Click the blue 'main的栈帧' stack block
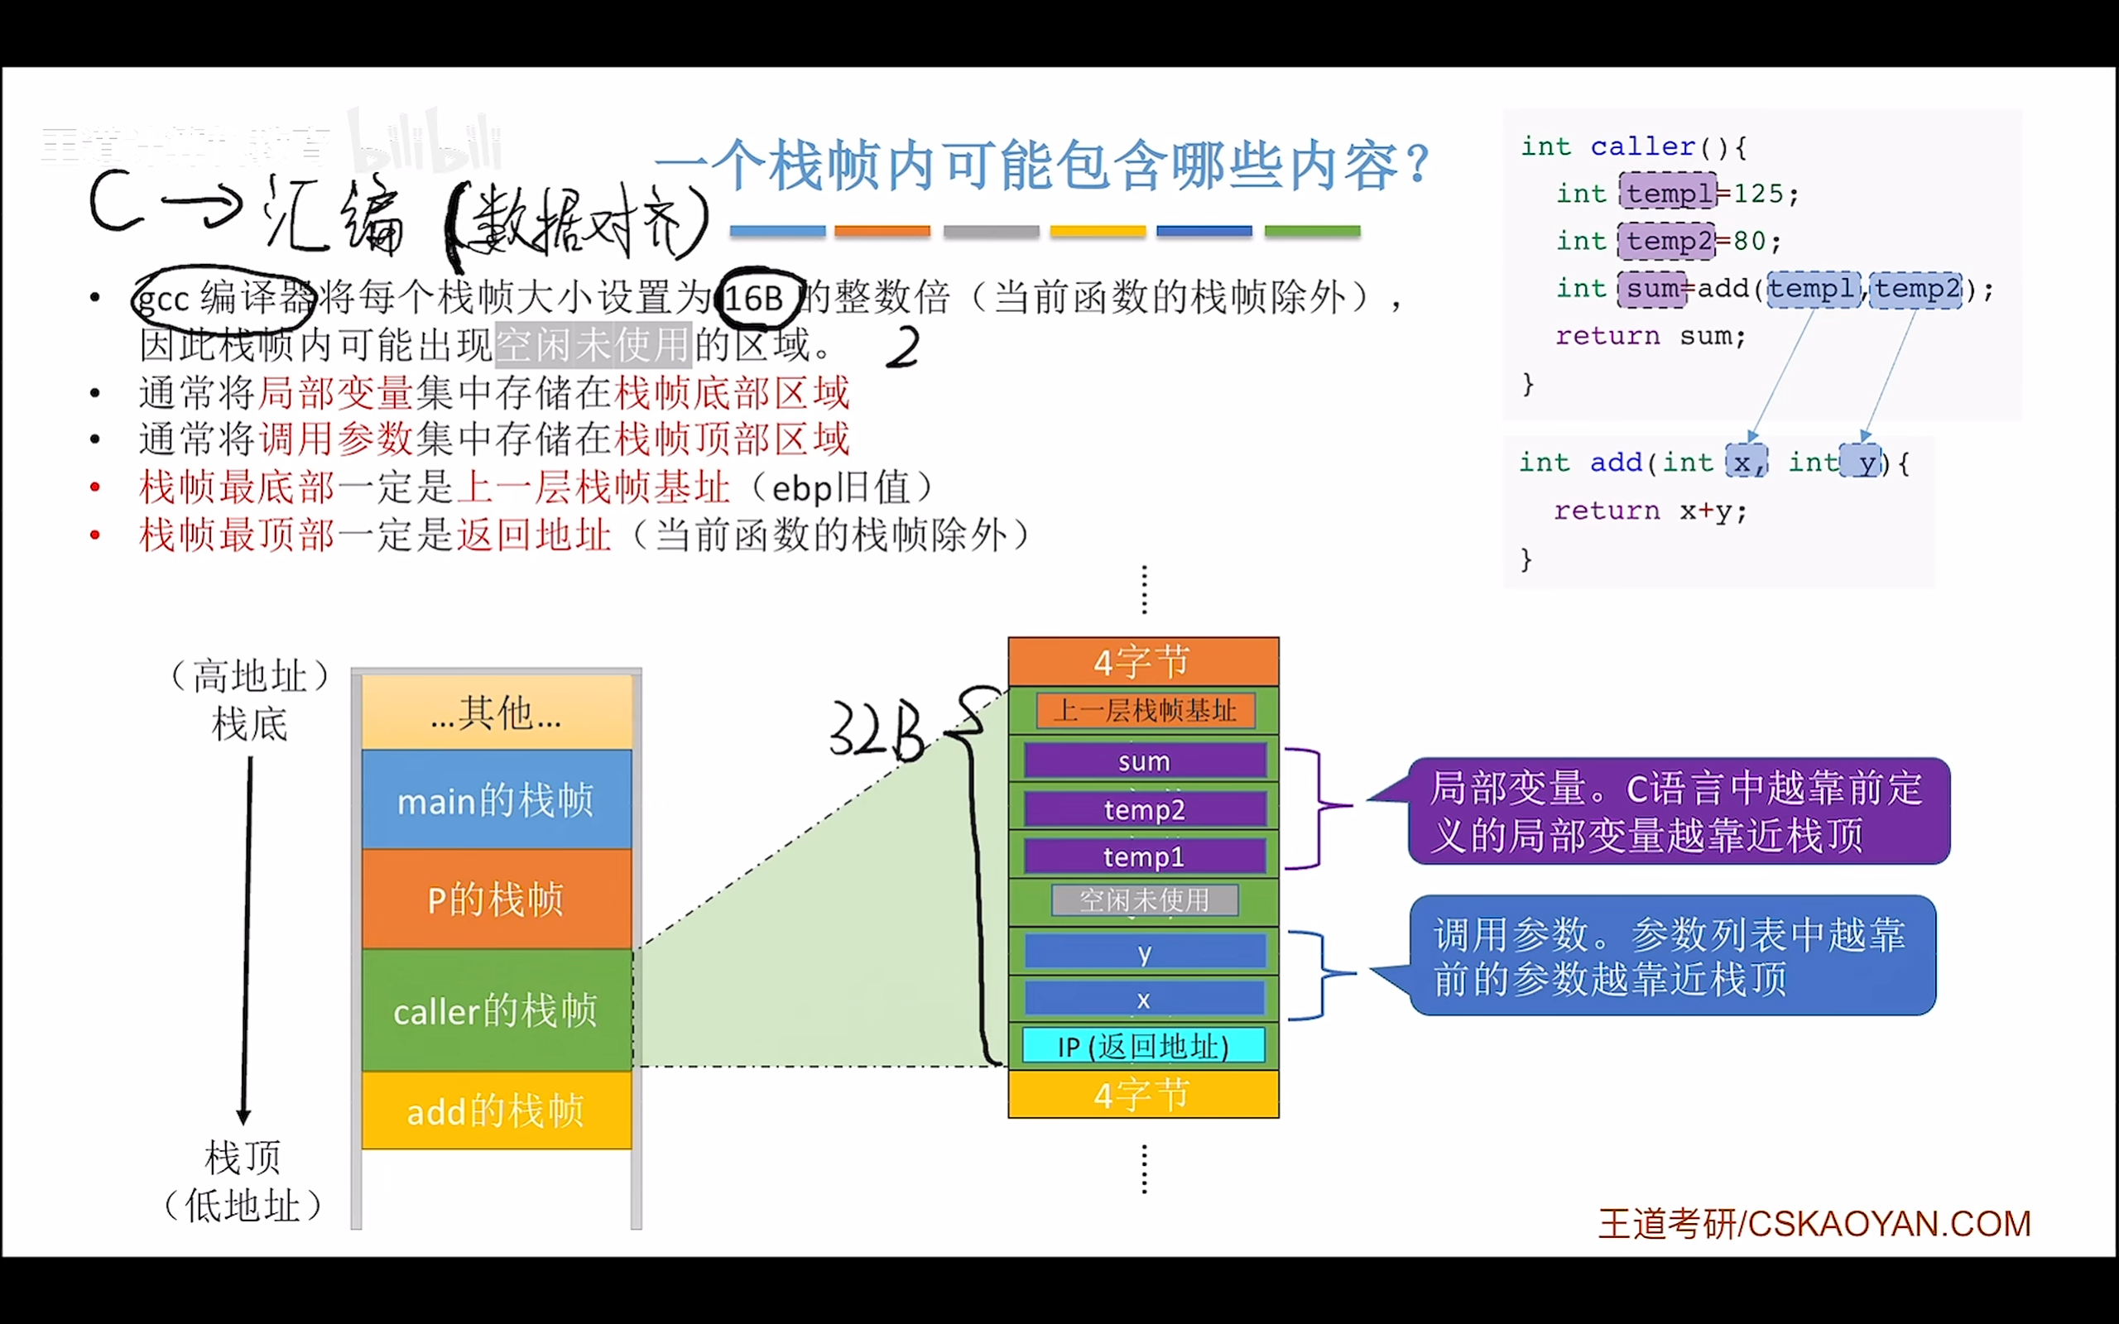coord(497,799)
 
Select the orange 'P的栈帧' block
coord(497,899)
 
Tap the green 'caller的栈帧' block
coord(497,1010)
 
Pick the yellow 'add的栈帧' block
coord(497,1111)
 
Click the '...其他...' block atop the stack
coord(497,712)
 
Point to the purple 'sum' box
coord(1145,761)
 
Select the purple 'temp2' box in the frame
coord(1145,809)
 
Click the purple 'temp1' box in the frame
coord(1145,856)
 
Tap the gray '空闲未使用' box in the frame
coord(1145,900)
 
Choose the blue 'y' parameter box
coord(1145,952)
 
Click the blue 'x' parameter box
coord(1145,999)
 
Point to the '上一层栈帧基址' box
coord(1145,710)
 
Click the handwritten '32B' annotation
coord(877,729)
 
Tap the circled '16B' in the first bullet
coord(755,299)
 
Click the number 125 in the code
coord(1758,193)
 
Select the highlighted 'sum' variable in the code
coord(1652,288)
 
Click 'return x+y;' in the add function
coord(1650,511)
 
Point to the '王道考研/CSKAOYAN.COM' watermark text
coord(1814,1224)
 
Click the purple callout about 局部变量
coord(1678,811)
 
